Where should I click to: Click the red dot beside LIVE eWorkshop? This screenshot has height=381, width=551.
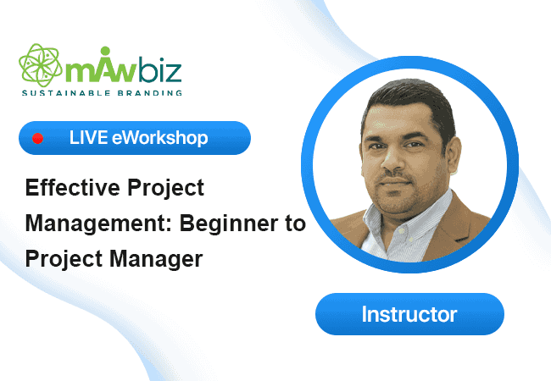tap(37, 138)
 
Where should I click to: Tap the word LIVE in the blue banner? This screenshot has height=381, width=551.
tap(88, 137)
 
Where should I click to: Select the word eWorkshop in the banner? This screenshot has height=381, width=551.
tap(160, 137)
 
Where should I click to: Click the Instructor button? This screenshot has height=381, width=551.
tap(409, 314)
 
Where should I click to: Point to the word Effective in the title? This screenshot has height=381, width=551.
tap(73, 187)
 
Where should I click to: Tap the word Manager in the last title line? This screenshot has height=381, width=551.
tap(156, 260)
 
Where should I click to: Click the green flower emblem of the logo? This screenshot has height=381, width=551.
tap(41, 65)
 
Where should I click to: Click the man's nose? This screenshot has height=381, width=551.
tap(392, 160)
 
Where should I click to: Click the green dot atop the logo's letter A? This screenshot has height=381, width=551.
tap(105, 51)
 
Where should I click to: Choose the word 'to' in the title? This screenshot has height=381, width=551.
tap(295, 224)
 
